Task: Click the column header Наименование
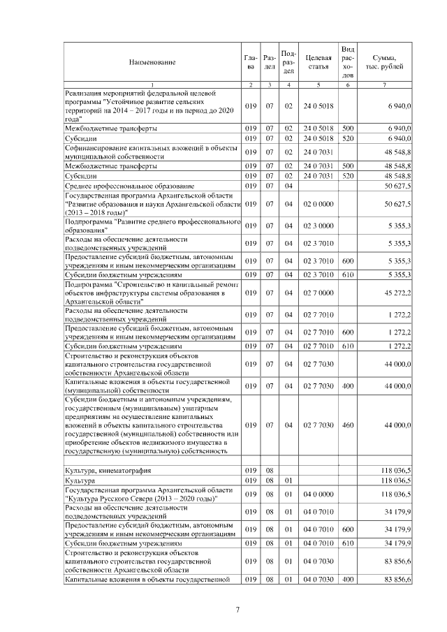(152, 62)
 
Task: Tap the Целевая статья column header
(318, 62)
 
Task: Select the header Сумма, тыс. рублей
(385, 62)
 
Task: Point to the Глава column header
(251, 62)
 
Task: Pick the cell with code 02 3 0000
(318, 226)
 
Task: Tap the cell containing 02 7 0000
(318, 293)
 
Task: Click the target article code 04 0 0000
(318, 494)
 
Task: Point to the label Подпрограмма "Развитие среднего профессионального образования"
(152, 226)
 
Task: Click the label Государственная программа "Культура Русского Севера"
(152, 494)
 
